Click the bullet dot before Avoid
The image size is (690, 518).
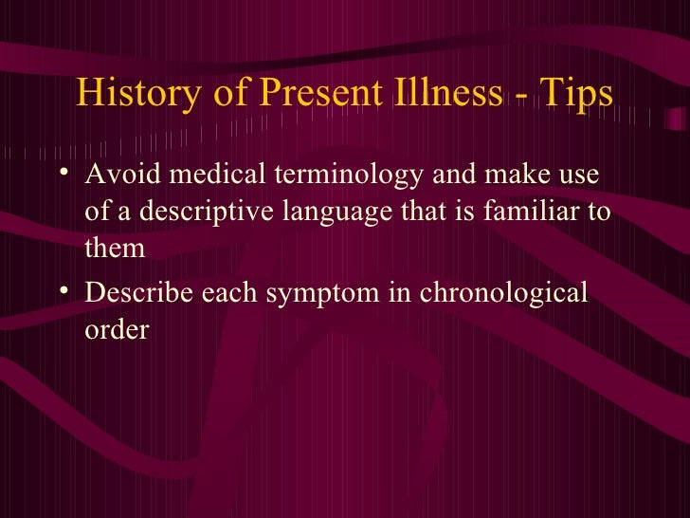point(63,175)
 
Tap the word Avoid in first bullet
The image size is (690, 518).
point(116,177)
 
